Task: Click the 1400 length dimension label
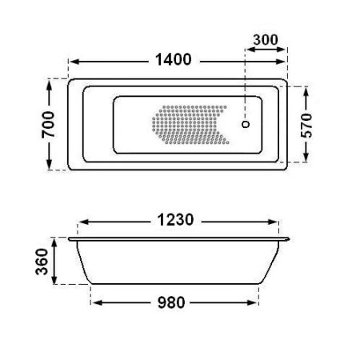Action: pos(174,59)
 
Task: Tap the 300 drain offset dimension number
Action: pos(266,40)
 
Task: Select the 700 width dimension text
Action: pos(48,125)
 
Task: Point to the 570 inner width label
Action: pos(306,126)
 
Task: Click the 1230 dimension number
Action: pos(175,220)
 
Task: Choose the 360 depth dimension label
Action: pos(42,262)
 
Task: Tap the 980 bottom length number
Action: pos(171,302)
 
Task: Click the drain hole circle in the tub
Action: pos(246,124)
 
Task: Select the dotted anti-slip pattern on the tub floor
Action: pos(190,125)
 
